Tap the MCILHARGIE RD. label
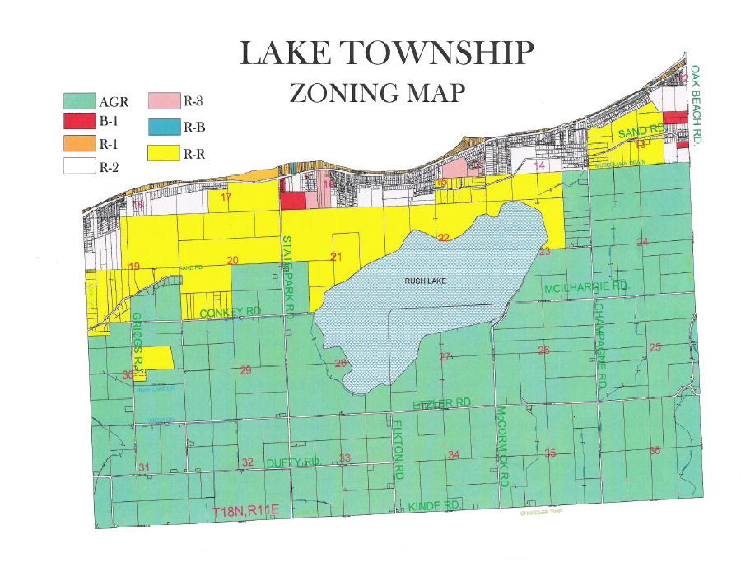pyautogui.click(x=585, y=286)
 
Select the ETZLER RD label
pyautogui.click(x=441, y=402)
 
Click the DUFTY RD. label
pyautogui.click(x=292, y=463)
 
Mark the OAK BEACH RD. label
pyautogui.click(x=696, y=107)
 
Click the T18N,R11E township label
pyautogui.click(x=247, y=512)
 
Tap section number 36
pyautogui.click(x=655, y=450)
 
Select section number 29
pyautogui.click(x=245, y=370)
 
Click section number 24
pyautogui.click(x=642, y=241)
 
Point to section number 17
pyautogui.click(x=226, y=196)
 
